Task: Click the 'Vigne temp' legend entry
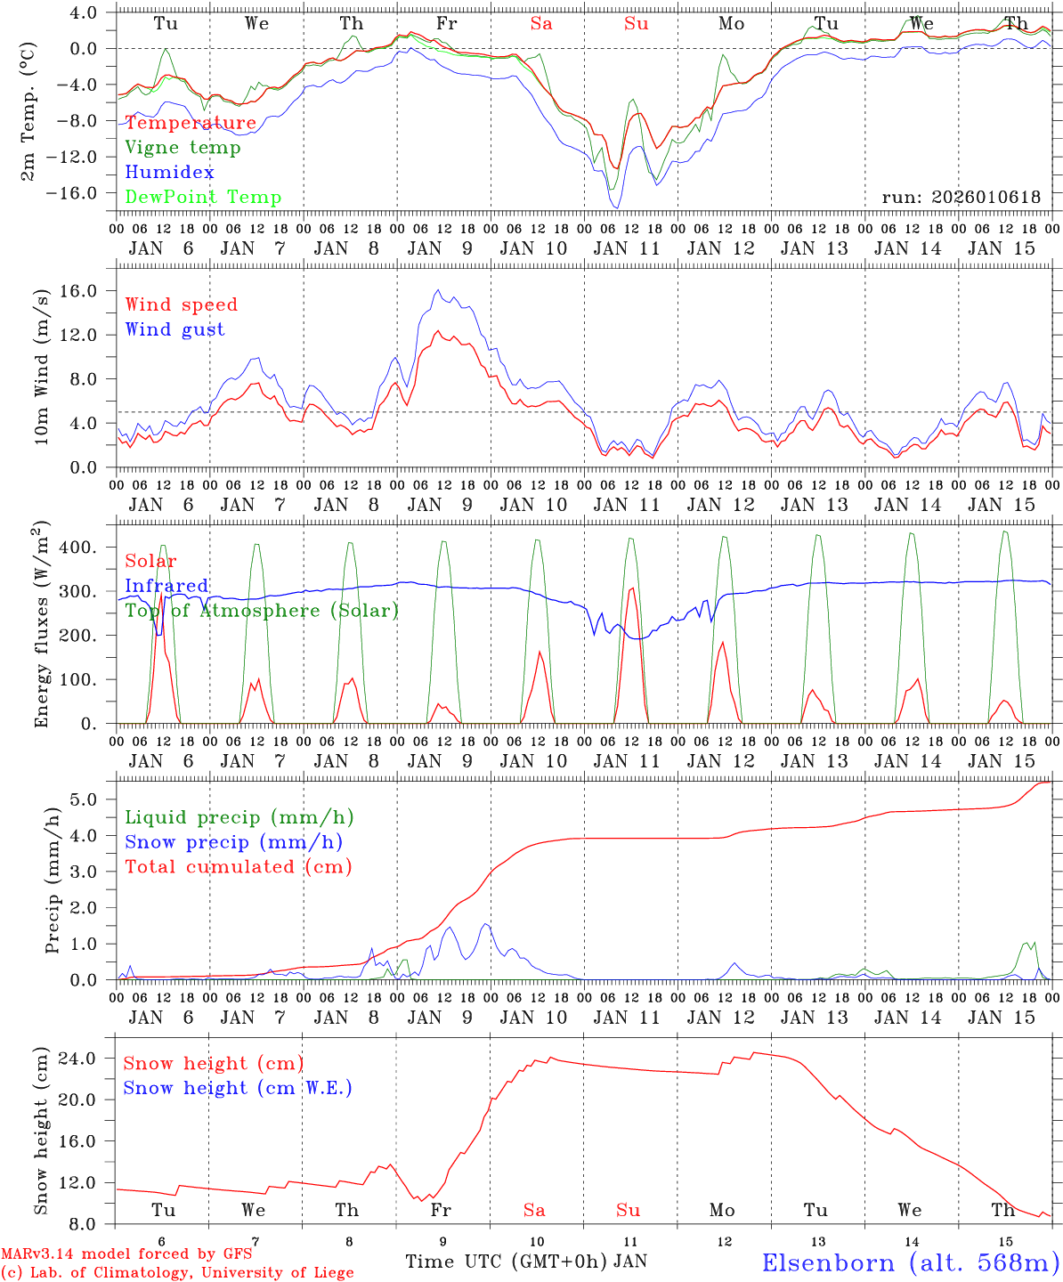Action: [183, 148]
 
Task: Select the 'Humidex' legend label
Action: [170, 173]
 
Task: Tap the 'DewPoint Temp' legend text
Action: [203, 198]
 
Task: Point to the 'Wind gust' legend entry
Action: [174, 329]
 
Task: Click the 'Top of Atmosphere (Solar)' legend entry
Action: [262, 611]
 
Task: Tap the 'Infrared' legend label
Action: [166, 586]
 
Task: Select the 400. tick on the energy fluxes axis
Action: [79, 548]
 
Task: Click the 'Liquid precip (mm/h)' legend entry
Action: [239, 817]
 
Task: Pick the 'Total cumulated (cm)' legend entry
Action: [239, 867]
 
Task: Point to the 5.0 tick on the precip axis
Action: [84, 799]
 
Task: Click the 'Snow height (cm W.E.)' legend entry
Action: [238, 1088]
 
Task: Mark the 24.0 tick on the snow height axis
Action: [78, 1059]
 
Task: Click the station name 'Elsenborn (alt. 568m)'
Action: [911, 1262]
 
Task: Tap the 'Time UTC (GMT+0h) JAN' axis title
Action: [526, 1262]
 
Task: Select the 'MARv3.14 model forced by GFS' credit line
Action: [126, 1254]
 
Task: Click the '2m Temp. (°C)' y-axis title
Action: [29, 110]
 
